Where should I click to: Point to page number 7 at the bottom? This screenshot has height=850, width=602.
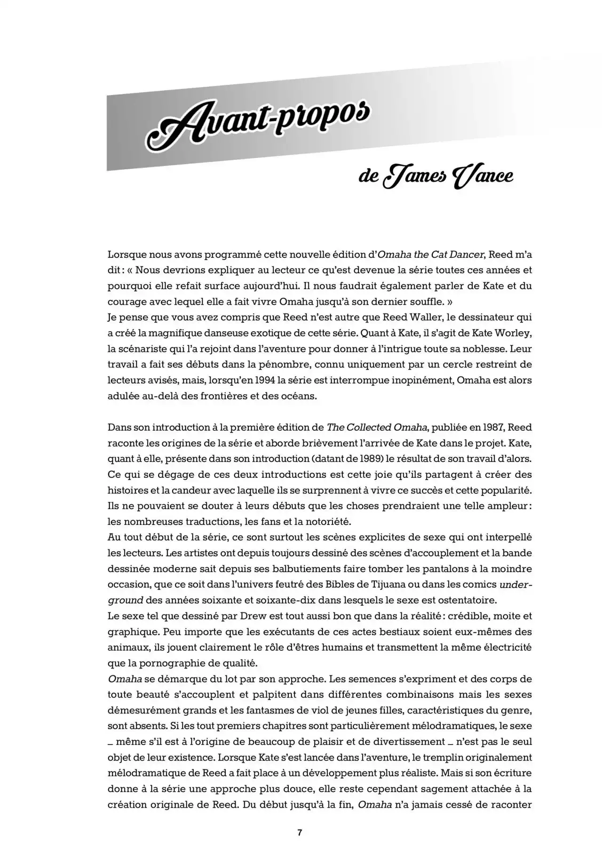point(300,832)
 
